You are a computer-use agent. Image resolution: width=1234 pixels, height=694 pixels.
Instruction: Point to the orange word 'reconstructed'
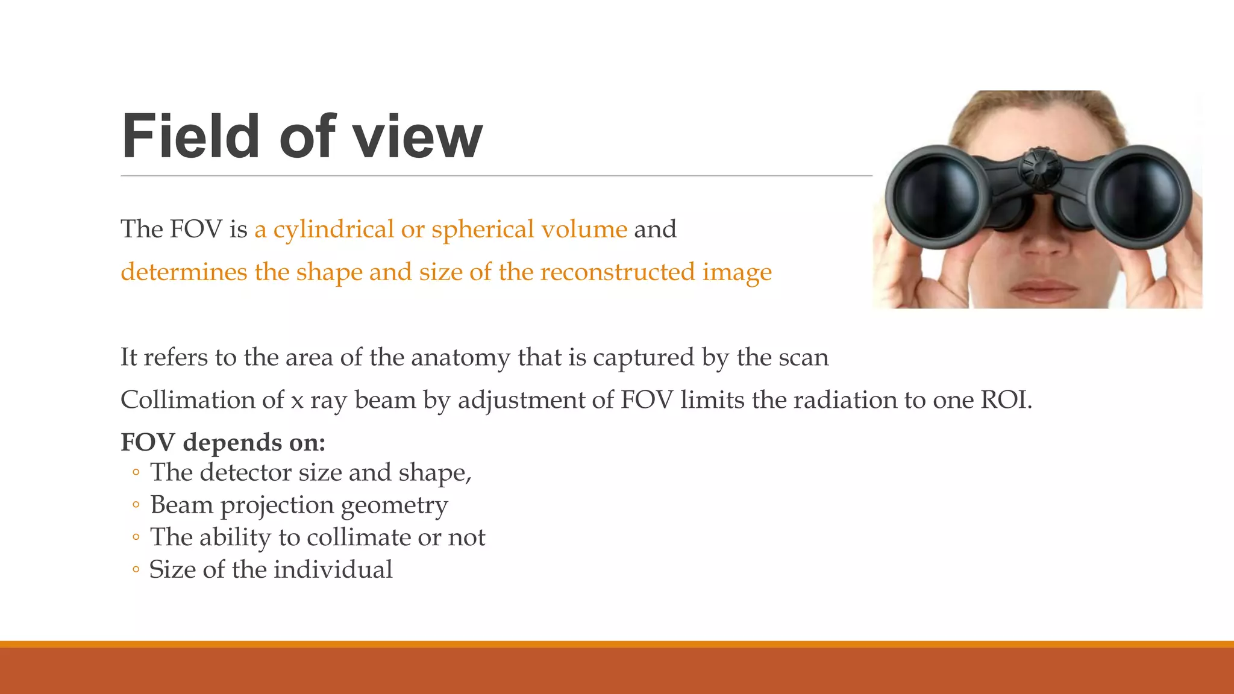pos(617,272)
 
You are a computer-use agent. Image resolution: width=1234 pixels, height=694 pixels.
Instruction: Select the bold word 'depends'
pos(232,443)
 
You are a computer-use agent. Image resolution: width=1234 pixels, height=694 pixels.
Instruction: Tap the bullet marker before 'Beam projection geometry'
pos(136,505)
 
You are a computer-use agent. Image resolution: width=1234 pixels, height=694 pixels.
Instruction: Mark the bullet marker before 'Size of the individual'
pos(136,570)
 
